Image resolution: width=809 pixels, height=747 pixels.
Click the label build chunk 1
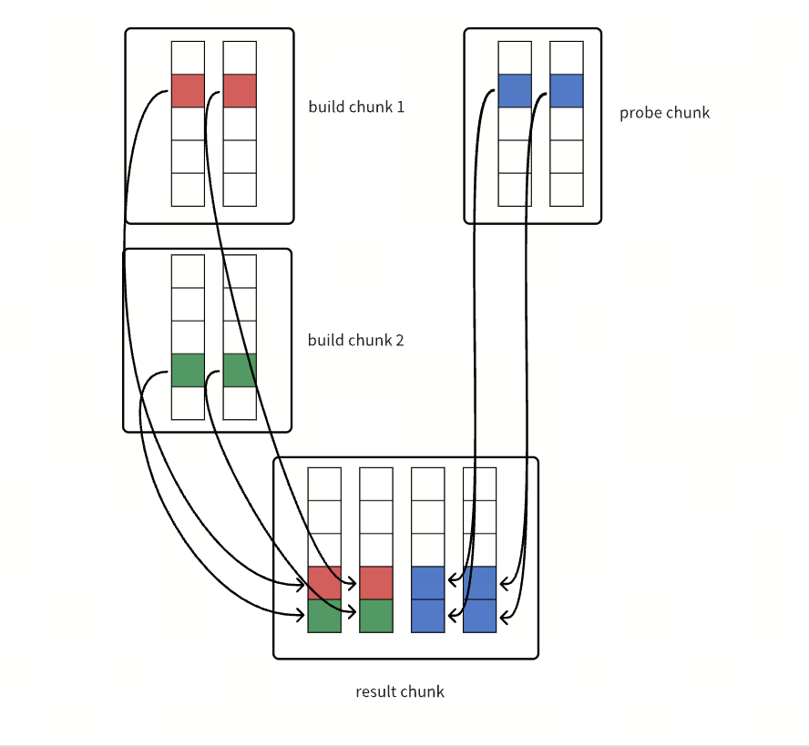[356, 107]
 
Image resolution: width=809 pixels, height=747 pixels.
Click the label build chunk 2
[355, 340]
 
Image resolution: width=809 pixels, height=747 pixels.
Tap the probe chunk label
[664, 113]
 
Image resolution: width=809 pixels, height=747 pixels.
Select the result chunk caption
[400, 691]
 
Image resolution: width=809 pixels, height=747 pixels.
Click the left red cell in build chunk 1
[188, 91]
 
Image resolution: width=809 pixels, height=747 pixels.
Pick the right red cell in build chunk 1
[240, 91]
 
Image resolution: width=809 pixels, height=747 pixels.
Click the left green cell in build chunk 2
[188, 370]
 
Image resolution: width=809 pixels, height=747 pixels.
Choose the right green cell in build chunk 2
[240, 370]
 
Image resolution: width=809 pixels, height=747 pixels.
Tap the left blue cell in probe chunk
[515, 91]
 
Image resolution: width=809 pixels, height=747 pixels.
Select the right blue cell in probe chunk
[567, 91]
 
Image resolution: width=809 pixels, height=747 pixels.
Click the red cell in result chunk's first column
[324, 583]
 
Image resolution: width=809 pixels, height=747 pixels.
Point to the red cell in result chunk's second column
[376, 583]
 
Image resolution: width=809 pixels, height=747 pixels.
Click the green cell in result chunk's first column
[324, 616]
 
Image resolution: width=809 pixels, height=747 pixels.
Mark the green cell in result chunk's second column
[376, 616]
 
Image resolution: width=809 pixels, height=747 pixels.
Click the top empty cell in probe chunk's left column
[515, 57]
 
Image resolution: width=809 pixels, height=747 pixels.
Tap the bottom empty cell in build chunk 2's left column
[188, 403]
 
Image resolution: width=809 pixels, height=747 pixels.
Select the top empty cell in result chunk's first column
[324, 484]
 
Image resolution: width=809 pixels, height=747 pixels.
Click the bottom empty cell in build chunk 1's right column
[240, 189]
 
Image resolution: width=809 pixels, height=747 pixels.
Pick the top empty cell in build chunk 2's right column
[240, 271]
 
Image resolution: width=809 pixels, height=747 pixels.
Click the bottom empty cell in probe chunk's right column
[567, 189]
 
